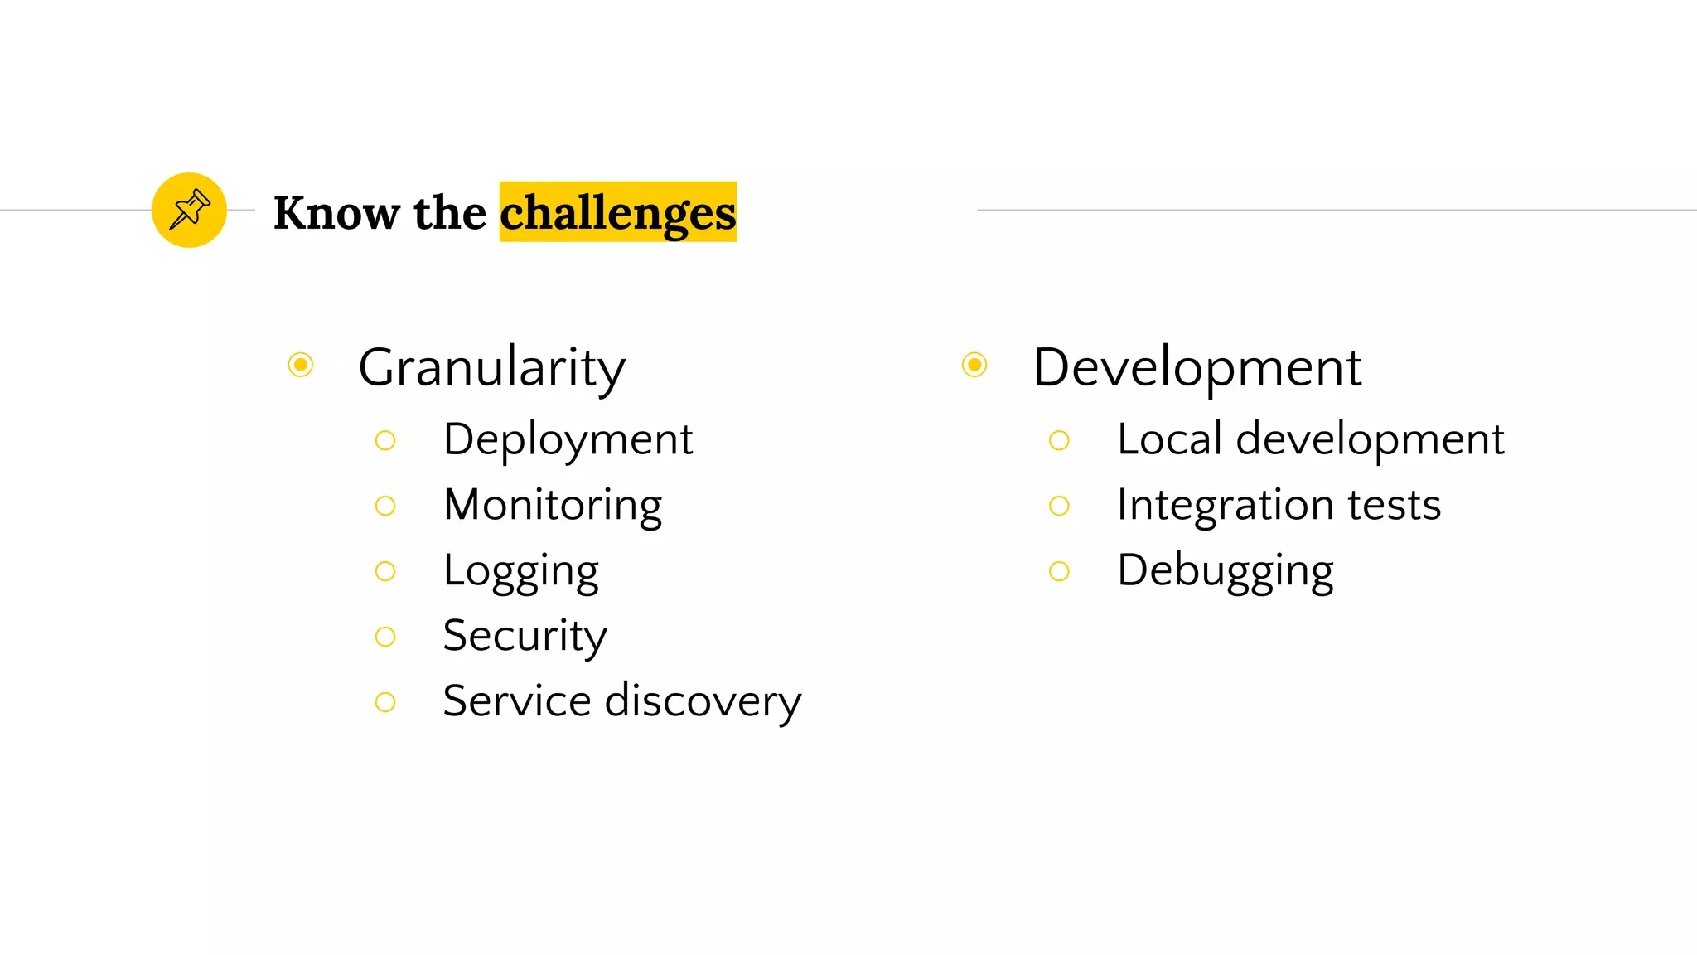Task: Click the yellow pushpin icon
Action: (189, 210)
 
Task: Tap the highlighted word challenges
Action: (617, 213)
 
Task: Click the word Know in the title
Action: (336, 213)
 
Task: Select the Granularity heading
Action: (491, 367)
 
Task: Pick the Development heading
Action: (1197, 367)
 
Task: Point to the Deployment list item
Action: (568, 439)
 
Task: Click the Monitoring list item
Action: (553, 505)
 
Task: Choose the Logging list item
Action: (520, 571)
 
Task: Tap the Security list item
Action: (525, 636)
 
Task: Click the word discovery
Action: (703, 701)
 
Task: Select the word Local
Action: (1169, 439)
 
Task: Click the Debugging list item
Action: (1225, 571)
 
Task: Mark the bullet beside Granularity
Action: (301, 365)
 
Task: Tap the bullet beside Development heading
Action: (974, 365)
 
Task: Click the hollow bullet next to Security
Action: (385, 637)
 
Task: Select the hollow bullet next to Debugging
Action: (1059, 571)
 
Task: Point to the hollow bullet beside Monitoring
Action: (385, 506)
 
